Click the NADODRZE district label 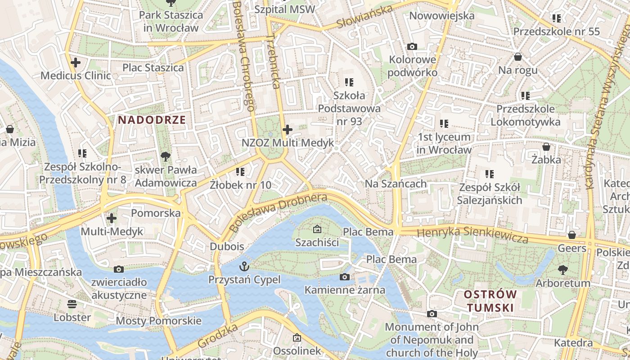(x=152, y=120)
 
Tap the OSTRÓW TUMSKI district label (x=490, y=301)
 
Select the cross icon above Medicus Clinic (x=76, y=63)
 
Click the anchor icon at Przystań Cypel (x=245, y=266)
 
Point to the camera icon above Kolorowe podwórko (x=412, y=46)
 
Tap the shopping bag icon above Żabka (x=546, y=147)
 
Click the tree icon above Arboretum (x=562, y=270)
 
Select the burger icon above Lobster (x=72, y=304)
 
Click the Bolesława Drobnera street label (x=278, y=212)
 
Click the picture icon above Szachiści (x=317, y=229)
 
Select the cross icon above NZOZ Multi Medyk (x=288, y=130)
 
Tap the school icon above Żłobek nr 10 (x=240, y=171)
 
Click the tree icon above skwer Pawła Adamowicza (x=166, y=157)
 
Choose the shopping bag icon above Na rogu (x=518, y=57)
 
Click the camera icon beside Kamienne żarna (x=345, y=277)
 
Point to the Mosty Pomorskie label (x=158, y=321)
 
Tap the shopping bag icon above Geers (x=572, y=235)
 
